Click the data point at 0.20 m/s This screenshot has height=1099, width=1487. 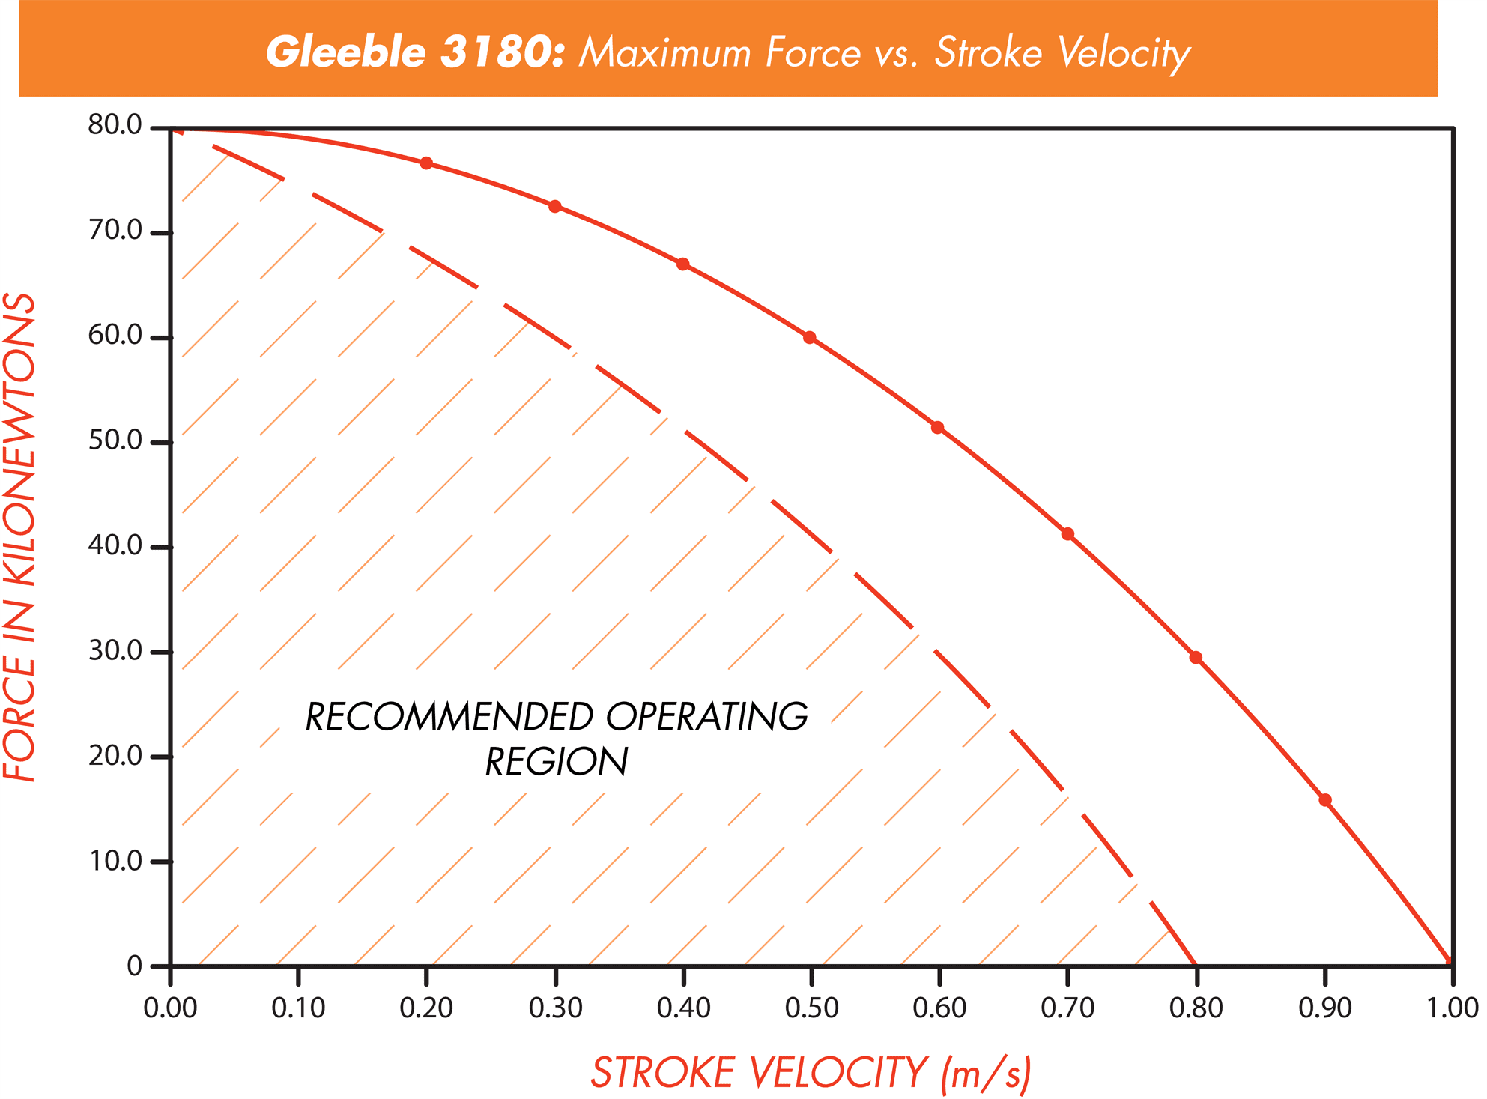(426, 163)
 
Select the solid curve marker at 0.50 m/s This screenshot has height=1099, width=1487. (810, 338)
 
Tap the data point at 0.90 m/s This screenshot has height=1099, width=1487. (1325, 800)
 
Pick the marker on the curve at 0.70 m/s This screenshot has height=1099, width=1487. (1068, 534)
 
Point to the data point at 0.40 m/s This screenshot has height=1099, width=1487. (683, 264)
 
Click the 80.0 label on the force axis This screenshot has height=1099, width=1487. (115, 125)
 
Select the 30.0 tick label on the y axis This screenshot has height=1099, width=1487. (115, 651)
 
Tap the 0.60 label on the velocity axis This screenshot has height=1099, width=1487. (939, 1008)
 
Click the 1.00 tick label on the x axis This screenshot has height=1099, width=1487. (1452, 1008)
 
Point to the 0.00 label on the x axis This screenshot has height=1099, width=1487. (171, 1008)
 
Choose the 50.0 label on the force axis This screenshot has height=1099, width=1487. (115, 440)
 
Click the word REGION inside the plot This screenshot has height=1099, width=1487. (557, 762)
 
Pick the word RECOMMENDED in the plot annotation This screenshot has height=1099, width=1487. (450, 717)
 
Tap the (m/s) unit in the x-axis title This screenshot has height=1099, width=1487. (986, 1072)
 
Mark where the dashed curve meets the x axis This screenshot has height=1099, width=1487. (1196, 965)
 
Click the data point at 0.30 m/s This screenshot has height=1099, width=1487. (555, 207)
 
